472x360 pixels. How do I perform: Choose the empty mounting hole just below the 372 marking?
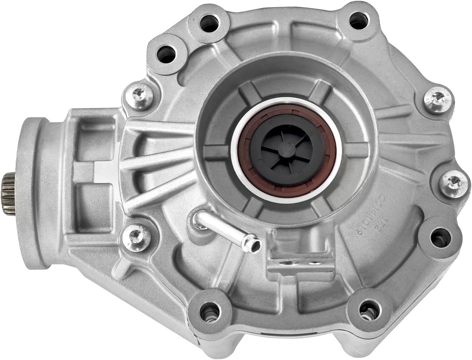click(x=437, y=236)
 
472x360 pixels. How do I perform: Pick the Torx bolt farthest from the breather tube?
click(x=438, y=97)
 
